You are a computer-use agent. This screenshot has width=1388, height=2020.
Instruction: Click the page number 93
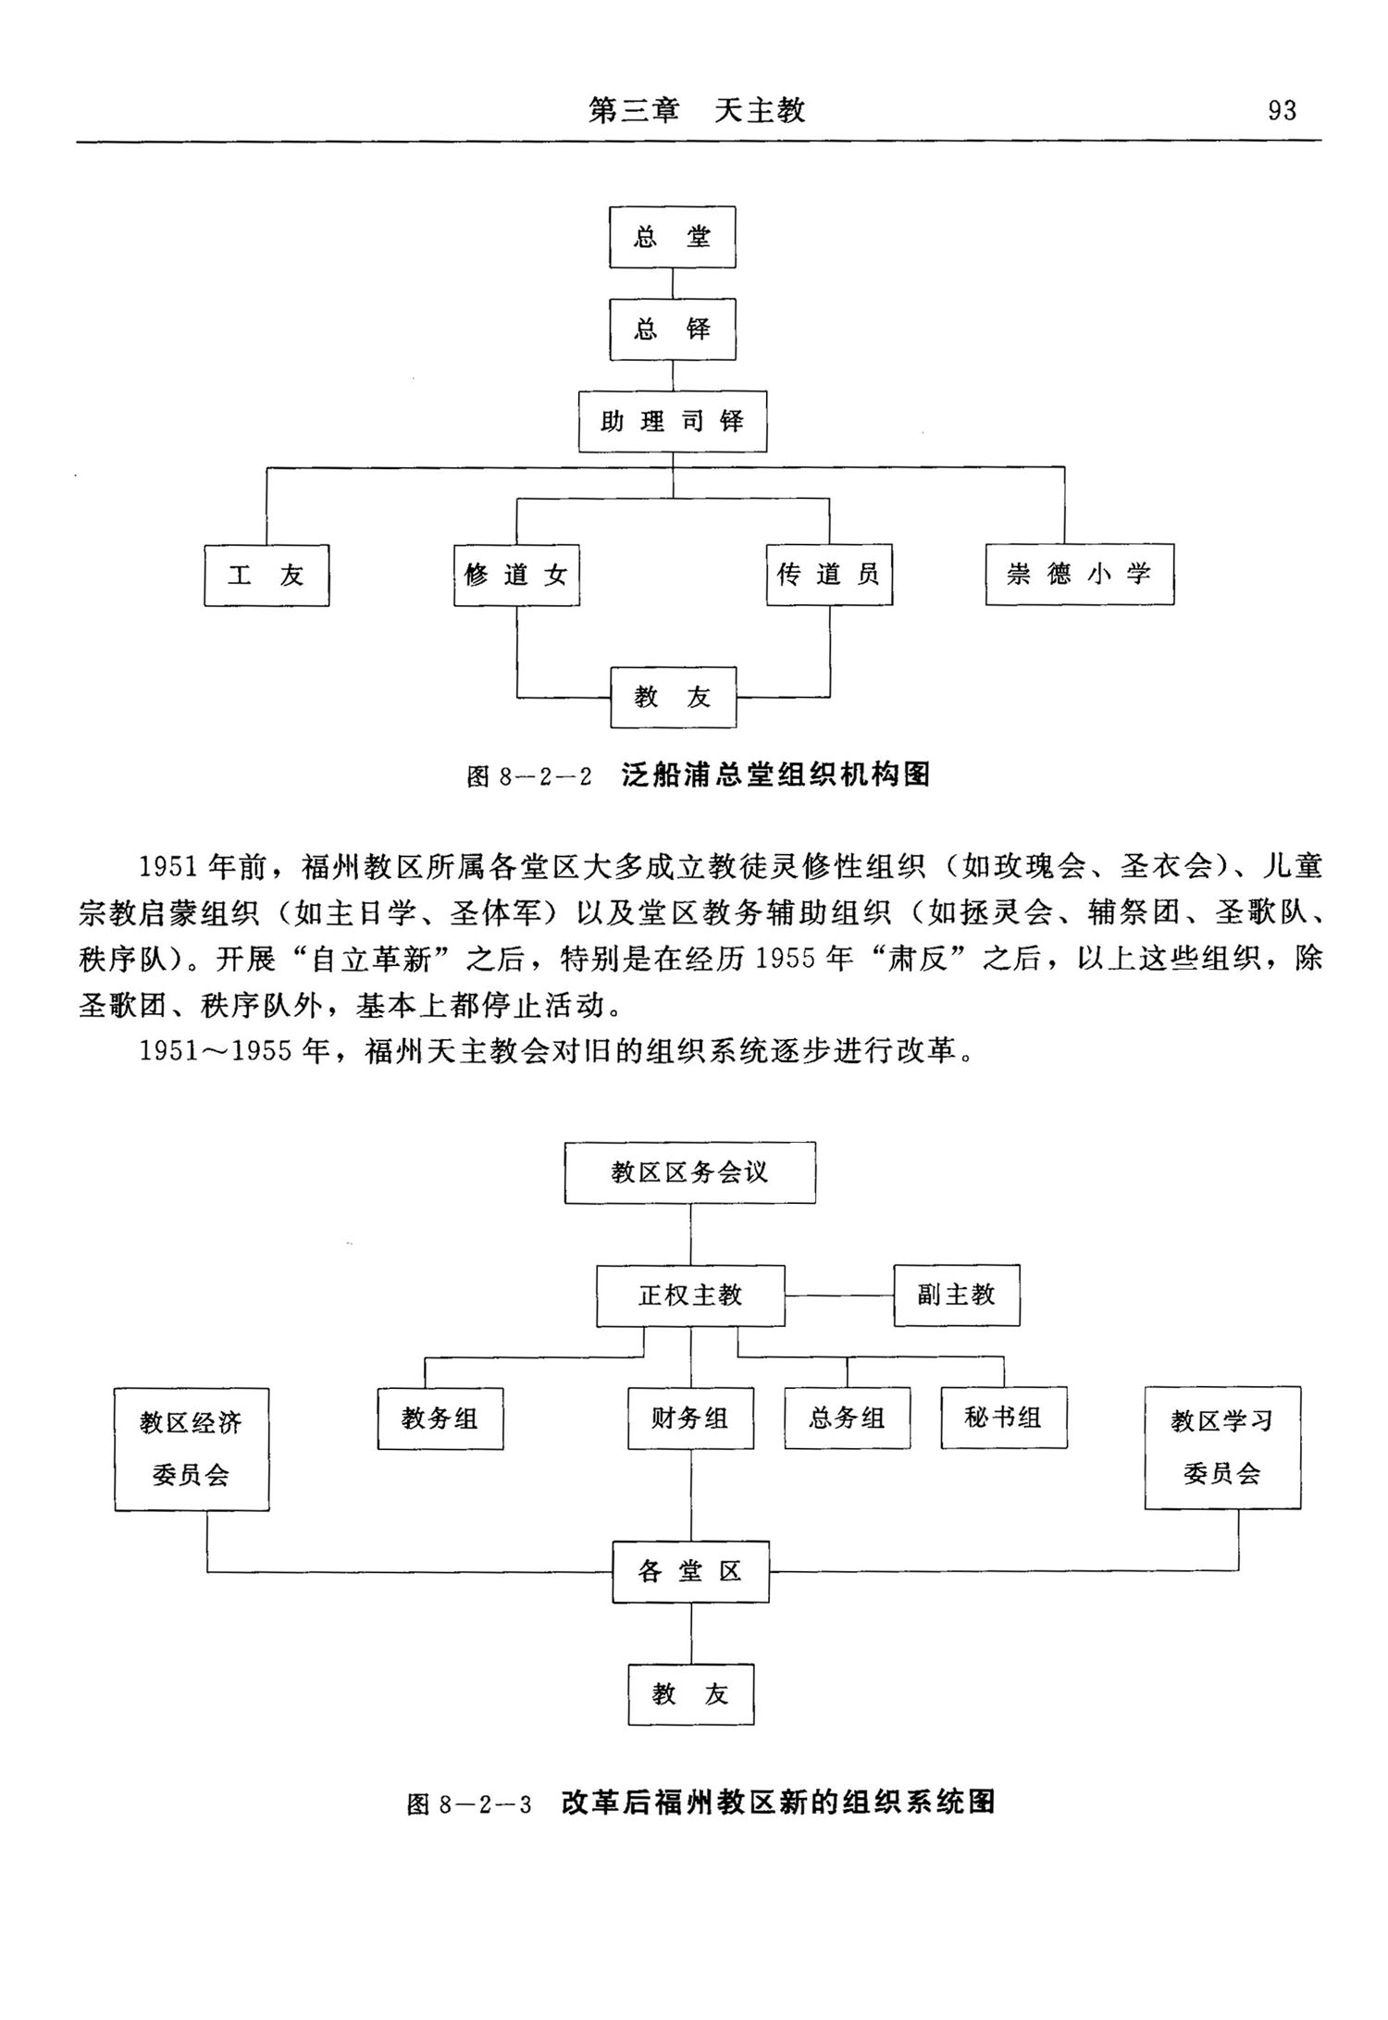click(1282, 111)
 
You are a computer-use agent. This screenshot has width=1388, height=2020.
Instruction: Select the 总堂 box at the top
click(673, 238)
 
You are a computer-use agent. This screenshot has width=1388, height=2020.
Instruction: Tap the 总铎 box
click(673, 329)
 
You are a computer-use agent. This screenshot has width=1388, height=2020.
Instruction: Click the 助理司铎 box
click(673, 422)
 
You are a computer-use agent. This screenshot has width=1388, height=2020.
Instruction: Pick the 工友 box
click(266, 576)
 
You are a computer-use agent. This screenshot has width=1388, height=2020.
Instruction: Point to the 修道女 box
click(516, 576)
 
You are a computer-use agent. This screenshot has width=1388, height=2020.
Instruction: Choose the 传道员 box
click(829, 576)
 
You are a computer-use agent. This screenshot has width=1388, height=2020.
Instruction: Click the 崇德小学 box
click(1079, 575)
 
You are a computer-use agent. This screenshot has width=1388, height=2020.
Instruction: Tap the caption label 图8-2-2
click(529, 775)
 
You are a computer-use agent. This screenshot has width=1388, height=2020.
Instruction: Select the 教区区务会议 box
click(690, 1172)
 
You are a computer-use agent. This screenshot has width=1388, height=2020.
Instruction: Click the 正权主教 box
click(690, 1295)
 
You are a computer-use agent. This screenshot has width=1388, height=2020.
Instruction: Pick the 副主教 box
click(957, 1295)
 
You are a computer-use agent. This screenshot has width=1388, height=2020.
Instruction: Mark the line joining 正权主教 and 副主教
click(839, 1295)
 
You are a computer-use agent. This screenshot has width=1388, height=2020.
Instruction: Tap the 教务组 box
click(440, 1419)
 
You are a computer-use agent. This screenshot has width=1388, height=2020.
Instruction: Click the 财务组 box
click(690, 1418)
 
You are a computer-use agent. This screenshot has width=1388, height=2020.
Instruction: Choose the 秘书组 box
click(1004, 1418)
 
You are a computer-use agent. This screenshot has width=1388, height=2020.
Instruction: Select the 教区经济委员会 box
click(192, 1449)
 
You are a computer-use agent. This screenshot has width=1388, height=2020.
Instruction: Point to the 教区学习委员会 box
click(1222, 1447)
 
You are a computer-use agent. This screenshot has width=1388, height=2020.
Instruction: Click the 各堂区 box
click(690, 1571)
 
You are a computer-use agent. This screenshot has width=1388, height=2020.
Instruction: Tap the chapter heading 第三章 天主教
click(698, 111)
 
